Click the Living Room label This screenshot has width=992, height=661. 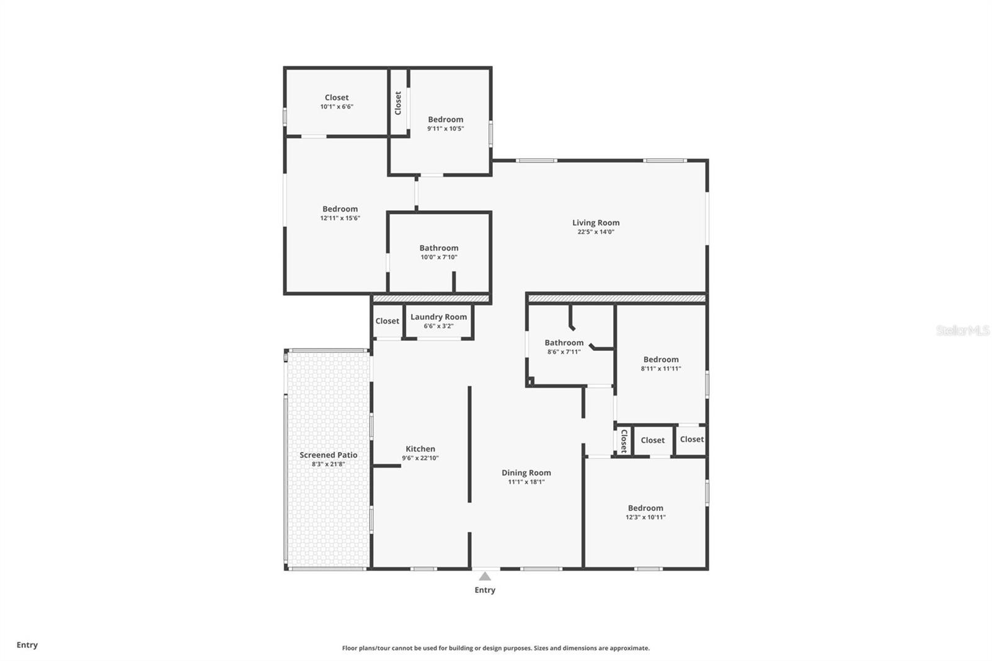pyautogui.click(x=595, y=223)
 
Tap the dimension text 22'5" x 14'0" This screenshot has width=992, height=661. pyautogui.click(x=595, y=232)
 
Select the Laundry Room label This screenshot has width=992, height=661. pyautogui.click(x=438, y=317)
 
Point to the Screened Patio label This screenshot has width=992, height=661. pyautogui.click(x=328, y=455)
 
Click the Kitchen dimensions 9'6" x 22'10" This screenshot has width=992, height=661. pyautogui.click(x=420, y=458)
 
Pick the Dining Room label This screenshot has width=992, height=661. pyautogui.click(x=526, y=472)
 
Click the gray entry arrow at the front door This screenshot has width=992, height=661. pyautogui.click(x=485, y=577)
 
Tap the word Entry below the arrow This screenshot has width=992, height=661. pyautogui.click(x=485, y=590)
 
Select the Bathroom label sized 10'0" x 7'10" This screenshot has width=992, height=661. pyautogui.click(x=438, y=248)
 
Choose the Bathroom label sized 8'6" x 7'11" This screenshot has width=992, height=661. pyautogui.click(x=564, y=343)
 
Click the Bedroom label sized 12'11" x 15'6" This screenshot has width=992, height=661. pyautogui.click(x=340, y=209)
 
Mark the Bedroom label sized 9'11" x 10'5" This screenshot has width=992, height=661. pyautogui.click(x=445, y=120)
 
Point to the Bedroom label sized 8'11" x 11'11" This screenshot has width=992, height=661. pyautogui.click(x=660, y=360)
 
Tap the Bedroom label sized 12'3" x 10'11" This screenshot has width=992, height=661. pyautogui.click(x=645, y=508)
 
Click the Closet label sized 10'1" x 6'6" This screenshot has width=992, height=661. pyautogui.click(x=337, y=97)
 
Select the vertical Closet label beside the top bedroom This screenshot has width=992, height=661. pyautogui.click(x=398, y=103)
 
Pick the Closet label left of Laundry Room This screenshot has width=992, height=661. pyautogui.click(x=387, y=321)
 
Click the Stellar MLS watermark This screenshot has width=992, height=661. pyautogui.click(x=962, y=331)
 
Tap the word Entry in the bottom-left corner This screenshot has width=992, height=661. pyautogui.click(x=27, y=645)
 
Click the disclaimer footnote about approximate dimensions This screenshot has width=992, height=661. pyautogui.click(x=495, y=648)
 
